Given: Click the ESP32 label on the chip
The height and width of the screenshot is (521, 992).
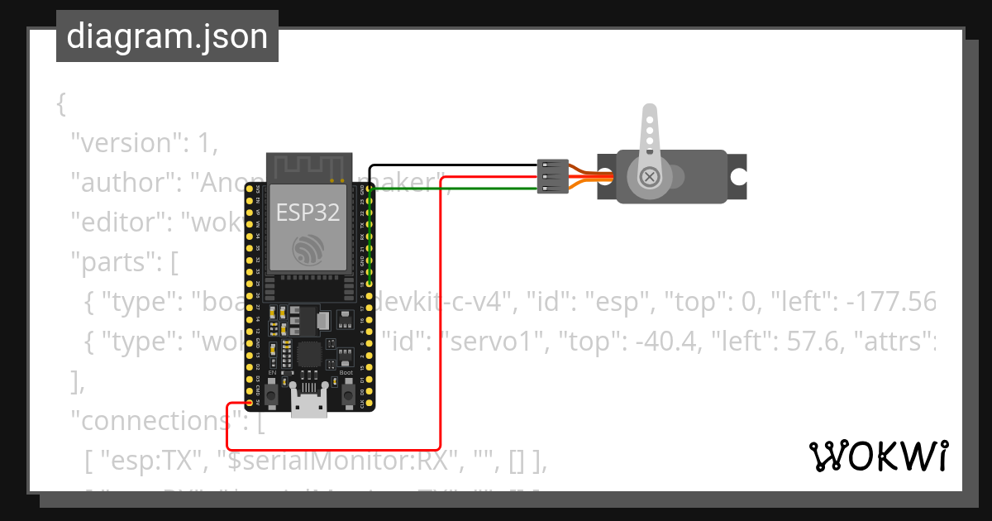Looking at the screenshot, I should click(308, 212).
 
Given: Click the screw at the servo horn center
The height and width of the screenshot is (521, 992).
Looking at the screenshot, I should click(651, 176).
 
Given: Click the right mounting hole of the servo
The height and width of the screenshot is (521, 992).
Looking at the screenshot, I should click(737, 176).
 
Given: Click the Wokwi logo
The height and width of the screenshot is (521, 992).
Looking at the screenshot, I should click(878, 456).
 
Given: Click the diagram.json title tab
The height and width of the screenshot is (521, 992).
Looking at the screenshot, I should click(167, 36).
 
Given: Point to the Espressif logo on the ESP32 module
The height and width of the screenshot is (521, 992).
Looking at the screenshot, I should click(308, 250).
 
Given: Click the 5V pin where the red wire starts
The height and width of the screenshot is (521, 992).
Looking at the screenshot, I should click(250, 403).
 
